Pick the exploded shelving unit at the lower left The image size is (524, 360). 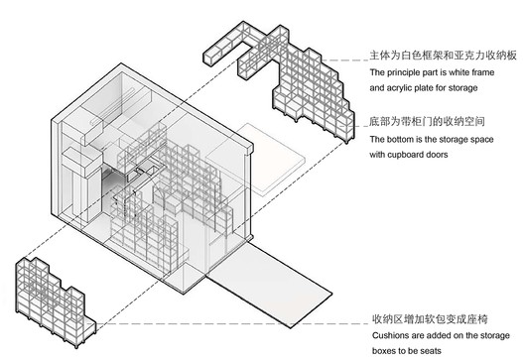[x=55, y=292]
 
